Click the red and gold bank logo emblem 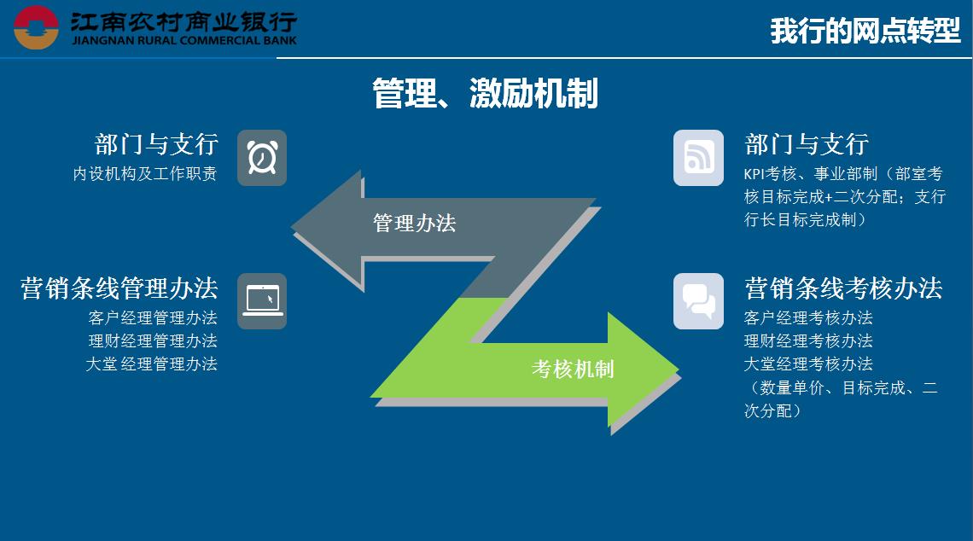click(36, 27)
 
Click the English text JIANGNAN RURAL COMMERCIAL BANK click(184, 40)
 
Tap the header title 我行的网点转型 click(865, 31)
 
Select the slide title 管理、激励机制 click(486, 93)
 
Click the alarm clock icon click(262, 158)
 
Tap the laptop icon click(262, 301)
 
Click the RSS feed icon click(699, 158)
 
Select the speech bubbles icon click(699, 301)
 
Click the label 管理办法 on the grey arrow click(415, 224)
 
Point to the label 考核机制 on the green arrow click(573, 369)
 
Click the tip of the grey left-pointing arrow click(292, 227)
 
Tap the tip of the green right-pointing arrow click(678, 369)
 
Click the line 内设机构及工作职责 click(144, 174)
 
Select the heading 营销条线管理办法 click(119, 288)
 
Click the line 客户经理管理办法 click(153, 317)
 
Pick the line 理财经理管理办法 click(153, 340)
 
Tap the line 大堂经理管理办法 click(151, 364)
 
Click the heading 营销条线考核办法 click(843, 288)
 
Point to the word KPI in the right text click(755, 174)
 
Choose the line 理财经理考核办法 click(808, 340)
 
